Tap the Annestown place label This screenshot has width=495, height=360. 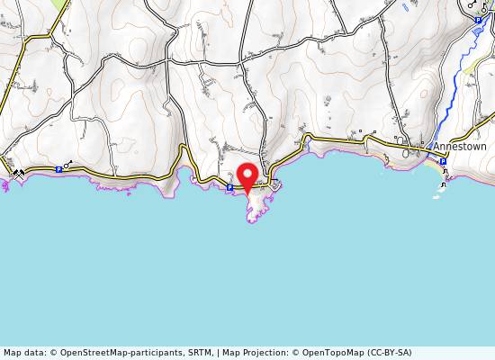point(460,146)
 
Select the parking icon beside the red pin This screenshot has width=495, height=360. point(229,187)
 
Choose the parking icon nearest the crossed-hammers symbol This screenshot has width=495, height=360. point(58,168)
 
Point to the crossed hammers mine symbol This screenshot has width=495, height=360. point(18,174)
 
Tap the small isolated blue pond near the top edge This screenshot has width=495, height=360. point(404,6)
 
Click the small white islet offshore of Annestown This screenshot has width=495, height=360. point(441,186)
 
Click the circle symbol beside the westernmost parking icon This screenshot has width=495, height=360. point(68,164)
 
